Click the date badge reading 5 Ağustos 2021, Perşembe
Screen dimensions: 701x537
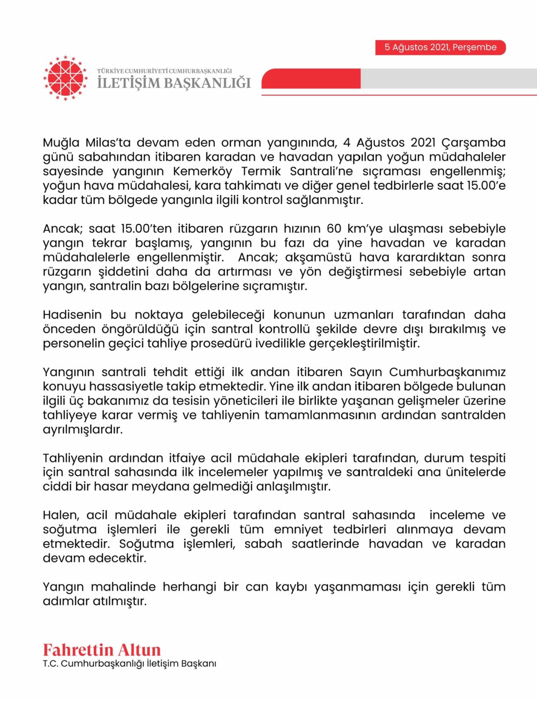[x=440, y=47]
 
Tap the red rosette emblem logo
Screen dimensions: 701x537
[x=65, y=78]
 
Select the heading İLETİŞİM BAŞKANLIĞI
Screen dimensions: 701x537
[x=174, y=83]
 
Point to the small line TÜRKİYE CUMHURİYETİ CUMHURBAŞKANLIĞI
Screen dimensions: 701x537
[x=164, y=71]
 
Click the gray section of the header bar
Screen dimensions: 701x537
[x=448, y=78]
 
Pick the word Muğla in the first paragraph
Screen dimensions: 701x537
[x=61, y=143]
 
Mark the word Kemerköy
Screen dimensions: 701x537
[x=202, y=172]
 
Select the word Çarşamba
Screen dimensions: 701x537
[x=473, y=143]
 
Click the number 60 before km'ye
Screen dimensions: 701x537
[x=334, y=229]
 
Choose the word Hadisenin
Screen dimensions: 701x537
[x=72, y=315]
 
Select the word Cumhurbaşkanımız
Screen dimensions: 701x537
[x=447, y=372]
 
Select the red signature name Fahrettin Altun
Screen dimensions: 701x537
[x=102, y=650]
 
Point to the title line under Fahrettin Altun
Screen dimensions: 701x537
[x=130, y=663]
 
